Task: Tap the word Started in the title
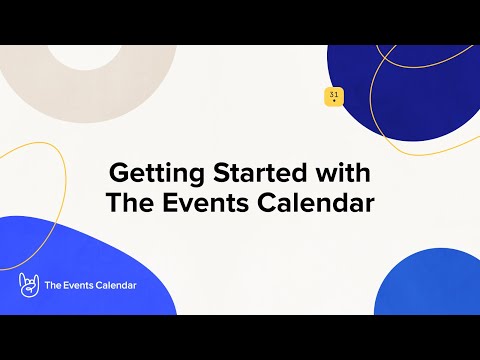(x=248, y=171)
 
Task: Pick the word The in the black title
(x=129, y=203)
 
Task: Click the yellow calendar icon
(x=333, y=96)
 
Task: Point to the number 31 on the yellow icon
(x=333, y=94)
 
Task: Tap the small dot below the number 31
(x=333, y=101)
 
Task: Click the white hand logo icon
(x=28, y=286)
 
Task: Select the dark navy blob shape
(x=400, y=90)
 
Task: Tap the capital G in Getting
(x=116, y=171)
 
